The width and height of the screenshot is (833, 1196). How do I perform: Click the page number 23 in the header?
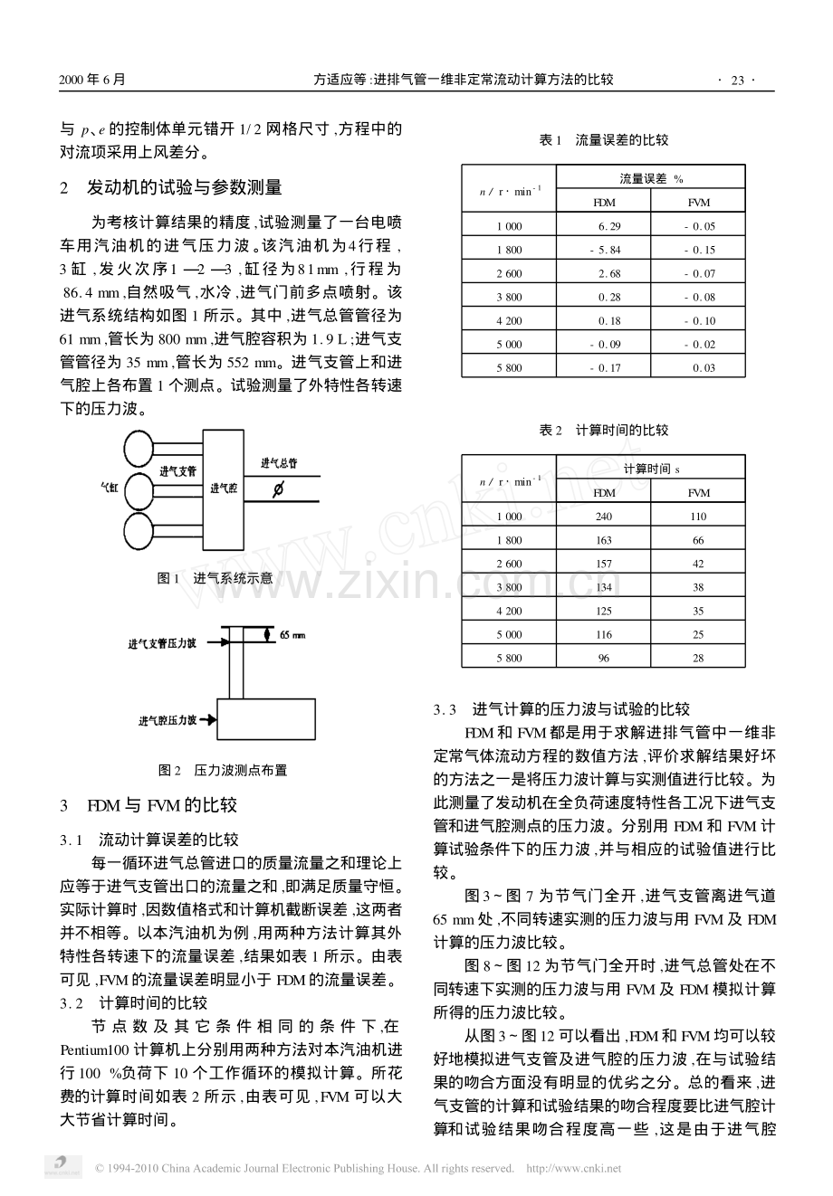(x=736, y=80)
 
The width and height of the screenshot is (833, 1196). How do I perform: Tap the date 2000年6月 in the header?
(x=92, y=80)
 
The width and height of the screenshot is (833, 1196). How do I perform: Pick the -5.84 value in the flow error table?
(x=604, y=250)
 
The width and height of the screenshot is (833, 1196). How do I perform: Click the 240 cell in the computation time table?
(x=603, y=517)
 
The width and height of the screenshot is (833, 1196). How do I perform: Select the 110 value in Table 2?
(x=698, y=517)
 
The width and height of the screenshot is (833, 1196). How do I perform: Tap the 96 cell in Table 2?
(x=603, y=658)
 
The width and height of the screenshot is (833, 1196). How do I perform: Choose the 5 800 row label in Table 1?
(x=509, y=367)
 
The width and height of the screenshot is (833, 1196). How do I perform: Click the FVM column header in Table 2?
(x=698, y=493)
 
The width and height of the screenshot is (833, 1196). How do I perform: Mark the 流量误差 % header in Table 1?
(x=651, y=179)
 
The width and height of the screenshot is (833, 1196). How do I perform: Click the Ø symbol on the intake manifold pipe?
(x=278, y=489)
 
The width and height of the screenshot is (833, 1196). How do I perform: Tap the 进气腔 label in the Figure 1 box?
(x=223, y=488)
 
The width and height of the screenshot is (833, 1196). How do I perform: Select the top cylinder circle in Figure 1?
(x=139, y=448)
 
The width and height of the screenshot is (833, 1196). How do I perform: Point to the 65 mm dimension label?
(x=293, y=634)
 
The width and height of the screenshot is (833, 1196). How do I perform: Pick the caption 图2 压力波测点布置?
(x=223, y=770)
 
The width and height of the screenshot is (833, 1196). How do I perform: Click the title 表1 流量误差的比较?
(x=603, y=140)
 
